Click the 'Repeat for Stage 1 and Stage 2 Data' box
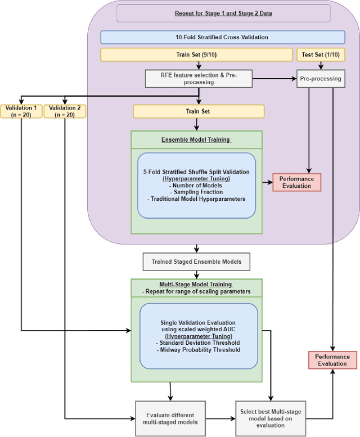(x=223, y=13)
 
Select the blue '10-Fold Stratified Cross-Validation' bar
(x=223, y=37)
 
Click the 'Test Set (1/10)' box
(x=320, y=55)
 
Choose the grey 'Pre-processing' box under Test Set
(x=320, y=79)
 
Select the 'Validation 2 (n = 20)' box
(x=65, y=111)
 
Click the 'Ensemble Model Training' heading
(x=196, y=139)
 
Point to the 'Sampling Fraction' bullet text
(x=196, y=191)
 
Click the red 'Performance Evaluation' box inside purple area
(x=296, y=182)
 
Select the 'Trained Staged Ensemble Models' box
(x=196, y=262)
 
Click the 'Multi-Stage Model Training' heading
(x=196, y=285)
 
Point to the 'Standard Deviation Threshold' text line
(x=199, y=343)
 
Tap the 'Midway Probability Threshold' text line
(x=199, y=350)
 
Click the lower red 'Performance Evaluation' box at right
(x=332, y=360)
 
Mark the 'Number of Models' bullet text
(x=196, y=184)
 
